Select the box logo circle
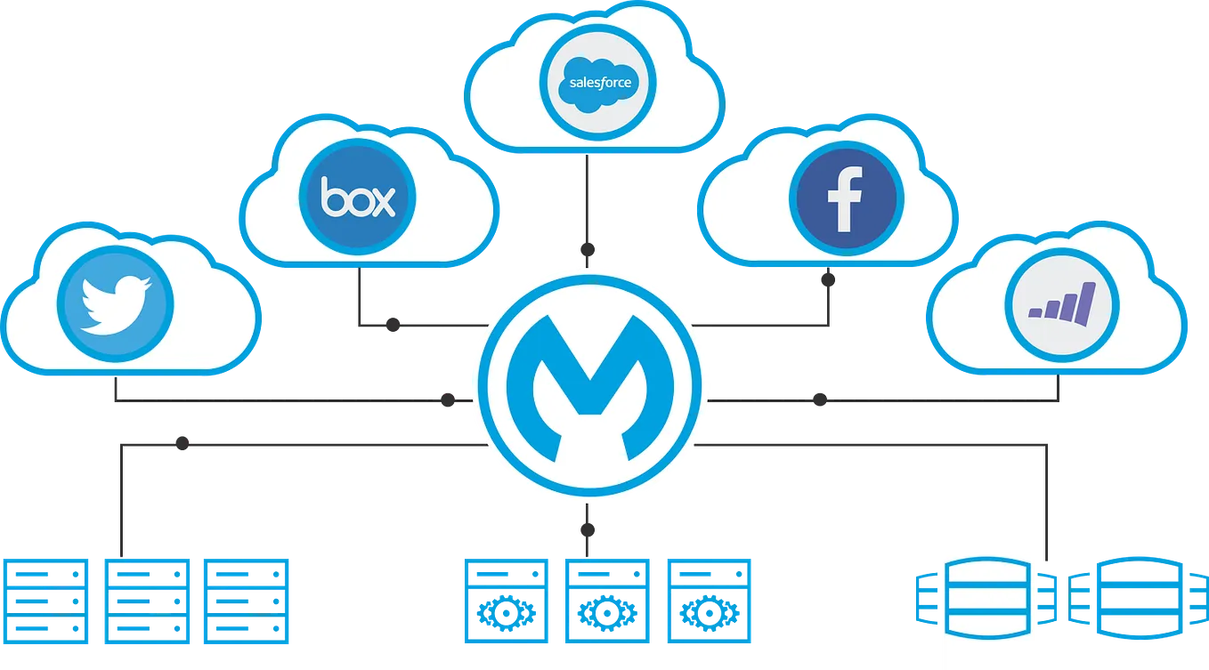click(358, 198)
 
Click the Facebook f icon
click(845, 198)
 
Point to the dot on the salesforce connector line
click(586, 246)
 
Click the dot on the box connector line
click(391, 325)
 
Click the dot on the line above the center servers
click(586, 531)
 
